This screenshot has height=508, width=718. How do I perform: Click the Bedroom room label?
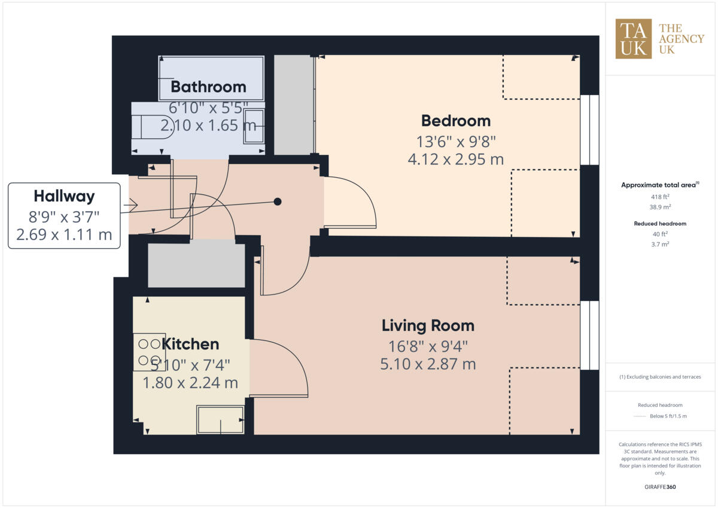coord(455,121)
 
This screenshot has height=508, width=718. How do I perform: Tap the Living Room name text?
coord(428,326)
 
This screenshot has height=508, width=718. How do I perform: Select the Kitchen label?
coord(191,344)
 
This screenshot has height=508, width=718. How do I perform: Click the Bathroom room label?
coord(208,87)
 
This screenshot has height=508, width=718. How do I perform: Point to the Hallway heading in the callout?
coord(64,196)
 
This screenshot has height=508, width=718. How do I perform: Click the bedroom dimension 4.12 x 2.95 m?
coord(455,159)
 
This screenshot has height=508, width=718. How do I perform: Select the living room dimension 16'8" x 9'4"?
coord(428,345)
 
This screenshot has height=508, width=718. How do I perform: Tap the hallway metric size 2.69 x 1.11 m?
coord(64,234)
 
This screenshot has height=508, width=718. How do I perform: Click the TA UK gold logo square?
coord(634,39)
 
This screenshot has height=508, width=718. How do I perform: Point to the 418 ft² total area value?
coord(660,196)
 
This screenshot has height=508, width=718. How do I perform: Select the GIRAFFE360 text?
coord(660,487)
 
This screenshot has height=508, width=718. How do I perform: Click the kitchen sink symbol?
coord(220,419)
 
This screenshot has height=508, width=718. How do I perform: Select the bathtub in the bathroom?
coord(211,78)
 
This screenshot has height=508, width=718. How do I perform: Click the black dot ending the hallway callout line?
coord(278,202)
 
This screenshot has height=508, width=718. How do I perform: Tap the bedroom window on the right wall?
coord(589,130)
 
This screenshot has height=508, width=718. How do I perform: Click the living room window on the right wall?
coord(589,335)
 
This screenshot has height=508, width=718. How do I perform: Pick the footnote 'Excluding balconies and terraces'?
coord(660,377)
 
